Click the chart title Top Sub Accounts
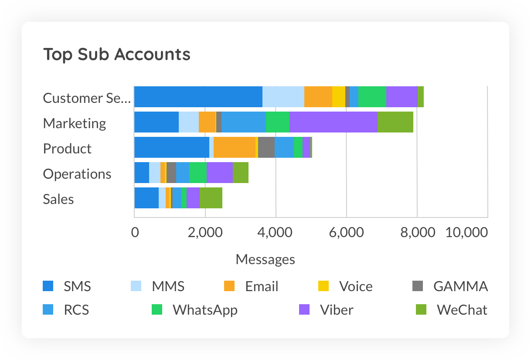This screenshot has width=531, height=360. coord(117,54)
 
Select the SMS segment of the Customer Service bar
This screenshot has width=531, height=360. coord(198,97)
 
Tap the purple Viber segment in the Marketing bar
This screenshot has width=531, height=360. coord(334,122)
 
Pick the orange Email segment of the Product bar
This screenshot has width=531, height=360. coord(235,147)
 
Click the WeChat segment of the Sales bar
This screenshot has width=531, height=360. coord(211,198)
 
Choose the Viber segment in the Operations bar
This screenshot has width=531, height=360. coord(220,173)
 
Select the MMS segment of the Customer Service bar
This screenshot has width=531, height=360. coord(283,97)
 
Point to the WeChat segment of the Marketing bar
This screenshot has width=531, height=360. coord(395,122)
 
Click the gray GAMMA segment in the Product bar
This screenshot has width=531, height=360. coord(266,147)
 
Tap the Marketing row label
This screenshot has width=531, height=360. coord(75,123)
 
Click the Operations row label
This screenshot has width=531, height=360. coord(77,174)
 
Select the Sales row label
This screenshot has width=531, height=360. coord(58,199)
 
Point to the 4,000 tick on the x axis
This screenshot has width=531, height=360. coord(276,232)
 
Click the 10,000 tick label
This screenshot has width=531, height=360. coord(466,232)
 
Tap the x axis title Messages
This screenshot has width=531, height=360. coord(265,259)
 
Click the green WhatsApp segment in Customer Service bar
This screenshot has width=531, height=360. coord(372,97)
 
